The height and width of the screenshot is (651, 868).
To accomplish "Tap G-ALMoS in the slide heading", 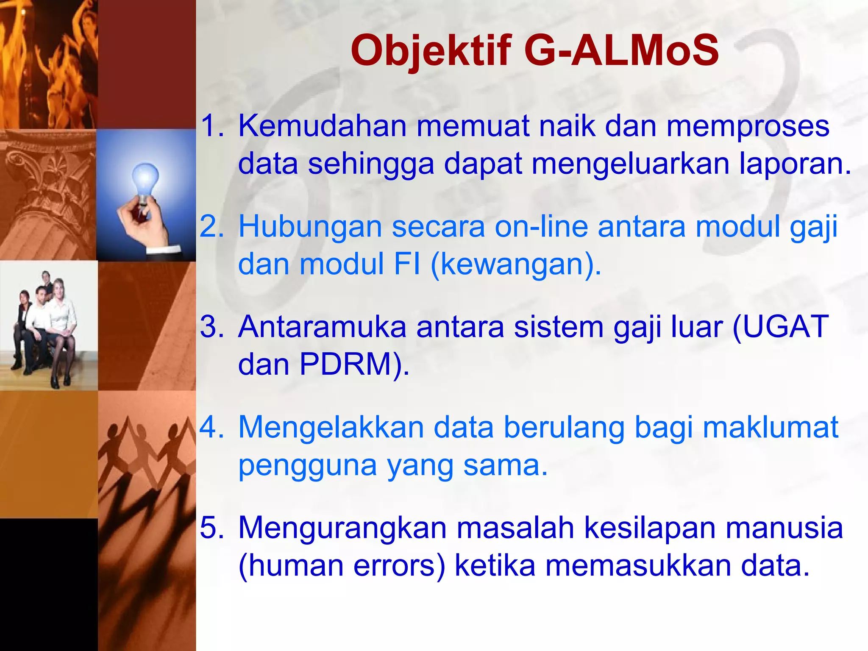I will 621,51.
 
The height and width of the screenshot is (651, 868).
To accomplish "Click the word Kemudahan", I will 322,126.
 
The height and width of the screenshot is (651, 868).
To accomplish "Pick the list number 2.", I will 211,226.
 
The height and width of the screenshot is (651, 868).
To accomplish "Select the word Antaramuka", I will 322,327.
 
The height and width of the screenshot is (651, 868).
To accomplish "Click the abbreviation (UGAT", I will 780,327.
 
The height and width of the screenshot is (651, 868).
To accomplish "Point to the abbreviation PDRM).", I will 354,364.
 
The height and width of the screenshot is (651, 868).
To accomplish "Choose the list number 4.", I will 211,427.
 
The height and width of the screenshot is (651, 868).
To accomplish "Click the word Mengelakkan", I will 331,427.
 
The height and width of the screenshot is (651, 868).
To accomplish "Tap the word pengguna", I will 307,465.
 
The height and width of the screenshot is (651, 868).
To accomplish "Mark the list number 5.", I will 211,528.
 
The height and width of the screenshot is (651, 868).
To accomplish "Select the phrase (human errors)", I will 342,566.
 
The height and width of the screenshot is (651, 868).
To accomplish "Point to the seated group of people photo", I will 47,326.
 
